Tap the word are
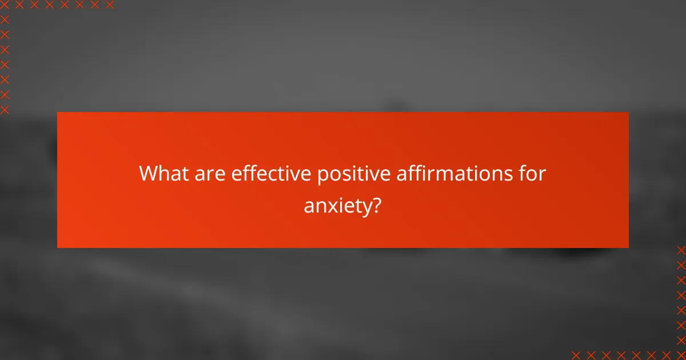pyautogui.click(x=210, y=174)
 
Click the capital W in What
pyautogui.click(x=149, y=174)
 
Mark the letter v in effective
pyautogui.click(x=301, y=174)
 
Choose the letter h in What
pyautogui.click(x=165, y=174)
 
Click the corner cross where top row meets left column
pyautogui.click(x=5, y=5)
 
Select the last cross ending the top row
pyautogui.click(x=109, y=5)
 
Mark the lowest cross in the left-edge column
pyautogui.click(x=5, y=109)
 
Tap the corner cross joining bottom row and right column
pyautogui.click(x=680, y=354)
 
